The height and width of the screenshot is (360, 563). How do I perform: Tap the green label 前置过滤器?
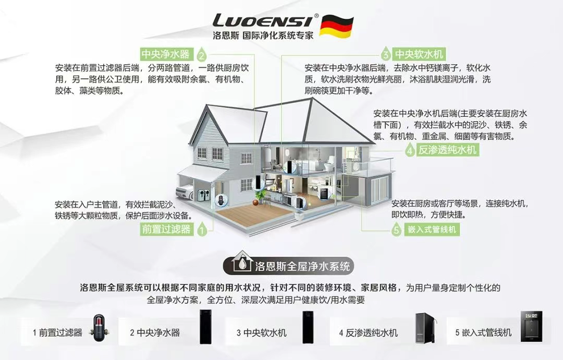(166, 229)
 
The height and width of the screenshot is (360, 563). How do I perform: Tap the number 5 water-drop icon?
(396, 230)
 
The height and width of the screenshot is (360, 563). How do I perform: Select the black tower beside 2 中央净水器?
(206, 327)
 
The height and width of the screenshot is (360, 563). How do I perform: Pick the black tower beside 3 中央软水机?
(309, 327)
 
